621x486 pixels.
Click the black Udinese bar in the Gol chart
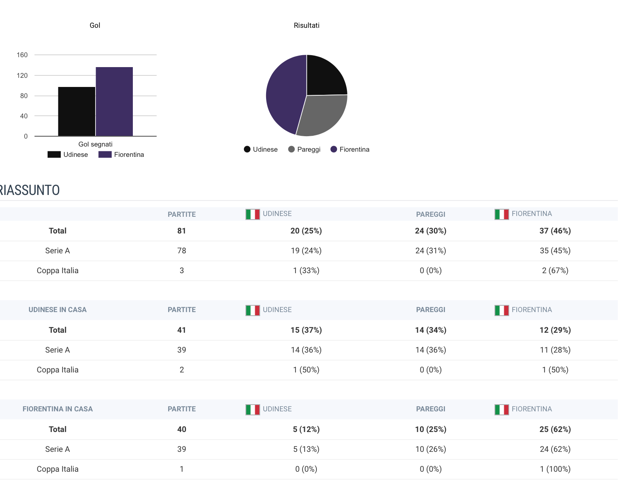77,112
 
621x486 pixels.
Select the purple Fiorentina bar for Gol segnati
114,102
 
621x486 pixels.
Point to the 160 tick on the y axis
22,55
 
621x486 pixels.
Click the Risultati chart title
307,25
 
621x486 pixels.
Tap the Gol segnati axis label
95,144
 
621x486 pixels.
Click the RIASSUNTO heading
30,190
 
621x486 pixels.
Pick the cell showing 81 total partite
182,231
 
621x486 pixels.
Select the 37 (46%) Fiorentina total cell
555,231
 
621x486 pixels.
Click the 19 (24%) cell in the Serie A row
306,251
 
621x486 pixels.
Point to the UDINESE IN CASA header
57,310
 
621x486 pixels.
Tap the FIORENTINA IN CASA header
57,409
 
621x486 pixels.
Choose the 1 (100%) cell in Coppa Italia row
555,469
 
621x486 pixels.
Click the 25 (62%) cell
555,429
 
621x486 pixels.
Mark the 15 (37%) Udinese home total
306,330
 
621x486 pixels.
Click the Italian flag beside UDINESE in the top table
253,214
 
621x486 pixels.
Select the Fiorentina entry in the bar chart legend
121,154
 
